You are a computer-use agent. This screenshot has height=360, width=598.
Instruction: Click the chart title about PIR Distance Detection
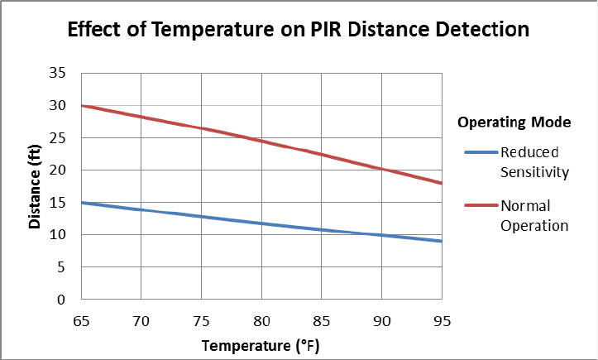(298, 31)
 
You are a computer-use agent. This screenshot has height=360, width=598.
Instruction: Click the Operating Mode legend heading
(514, 122)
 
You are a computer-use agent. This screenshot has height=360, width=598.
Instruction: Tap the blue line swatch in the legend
(479, 152)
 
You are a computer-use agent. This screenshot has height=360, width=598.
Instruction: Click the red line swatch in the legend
(479, 205)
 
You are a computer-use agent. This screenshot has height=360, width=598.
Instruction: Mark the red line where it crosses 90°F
(381, 169)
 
